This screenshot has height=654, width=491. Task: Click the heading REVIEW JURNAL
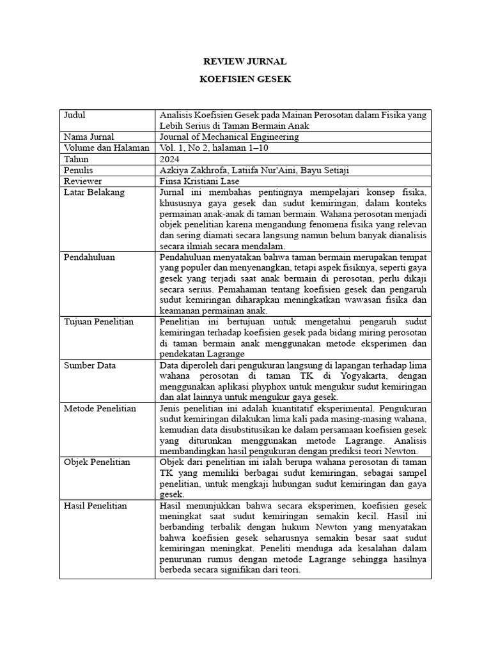click(x=245, y=62)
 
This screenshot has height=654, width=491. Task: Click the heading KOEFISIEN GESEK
click(x=245, y=80)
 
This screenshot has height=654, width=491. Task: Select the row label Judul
click(x=74, y=116)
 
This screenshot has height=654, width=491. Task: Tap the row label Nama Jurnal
click(x=89, y=137)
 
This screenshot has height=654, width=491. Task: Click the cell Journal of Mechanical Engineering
click(x=229, y=137)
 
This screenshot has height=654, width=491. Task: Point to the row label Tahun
click(x=77, y=159)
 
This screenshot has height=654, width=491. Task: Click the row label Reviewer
click(x=82, y=181)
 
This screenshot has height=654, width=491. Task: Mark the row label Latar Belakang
click(x=94, y=192)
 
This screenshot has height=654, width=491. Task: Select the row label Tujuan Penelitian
click(x=98, y=322)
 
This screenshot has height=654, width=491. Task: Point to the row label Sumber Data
click(x=89, y=365)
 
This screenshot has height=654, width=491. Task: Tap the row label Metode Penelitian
click(x=100, y=409)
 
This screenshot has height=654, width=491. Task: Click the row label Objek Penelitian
click(x=97, y=462)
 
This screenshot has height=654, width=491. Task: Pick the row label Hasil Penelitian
click(x=95, y=506)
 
